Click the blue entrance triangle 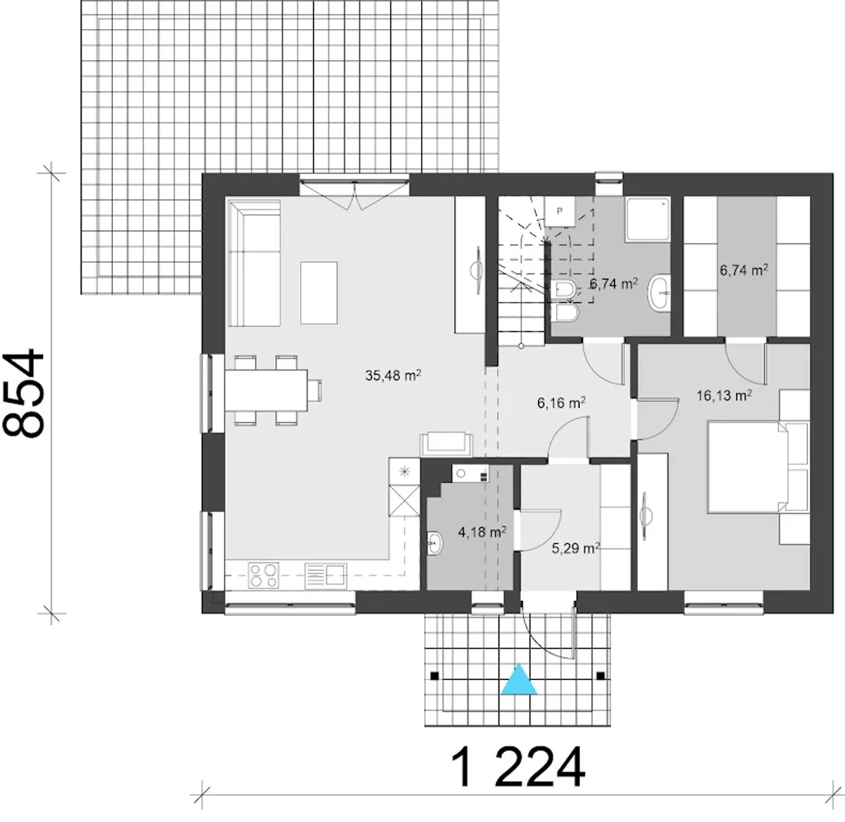click(x=519, y=680)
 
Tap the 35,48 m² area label click(x=393, y=375)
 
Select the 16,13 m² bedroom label click(x=724, y=395)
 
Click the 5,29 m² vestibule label click(x=576, y=548)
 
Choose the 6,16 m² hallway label click(x=561, y=402)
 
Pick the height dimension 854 click(x=24, y=393)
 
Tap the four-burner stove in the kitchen click(x=263, y=575)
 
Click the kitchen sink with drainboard click(x=325, y=576)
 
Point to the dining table click(x=266, y=390)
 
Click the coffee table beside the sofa click(x=319, y=292)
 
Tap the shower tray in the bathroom click(x=648, y=220)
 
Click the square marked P click(x=560, y=211)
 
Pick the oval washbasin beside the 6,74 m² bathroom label click(x=659, y=294)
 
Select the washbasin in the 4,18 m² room click(x=434, y=543)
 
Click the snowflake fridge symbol click(x=404, y=471)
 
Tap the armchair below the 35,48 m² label click(x=446, y=443)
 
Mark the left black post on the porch click(x=434, y=676)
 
